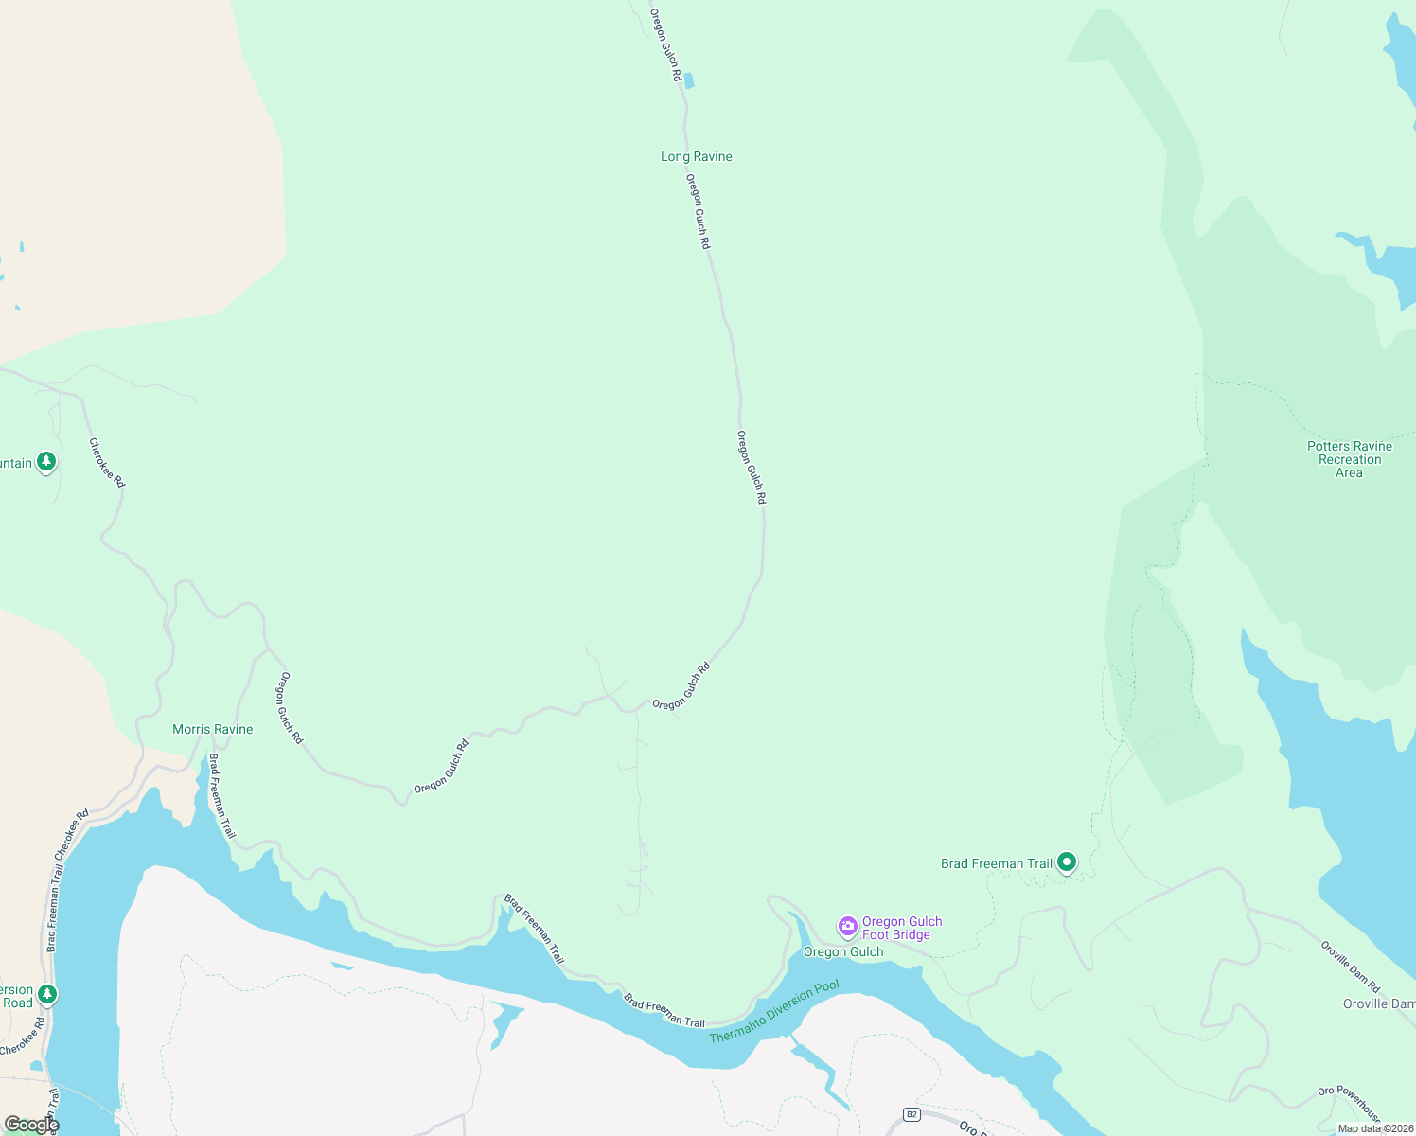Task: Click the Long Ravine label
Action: click(x=696, y=157)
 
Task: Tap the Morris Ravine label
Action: click(x=212, y=730)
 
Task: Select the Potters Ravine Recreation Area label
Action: click(x=1349, y=459)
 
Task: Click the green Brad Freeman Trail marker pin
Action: click(x=1067, y=862)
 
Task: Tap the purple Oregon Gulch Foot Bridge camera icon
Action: click(x=848, y=926)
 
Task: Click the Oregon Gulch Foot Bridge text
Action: click(x=901, y=928)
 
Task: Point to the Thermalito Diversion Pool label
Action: click(x=774, y=1012)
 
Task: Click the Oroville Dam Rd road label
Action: click(x=1351, y=966)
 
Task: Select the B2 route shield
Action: click(x=912, y=1114)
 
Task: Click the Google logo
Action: click(x=31, y=1125)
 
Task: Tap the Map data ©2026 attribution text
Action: click(x=1375, y=1128)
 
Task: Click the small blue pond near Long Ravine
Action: click(x=688, y=81)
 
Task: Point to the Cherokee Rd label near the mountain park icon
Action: click(x=106, y=462)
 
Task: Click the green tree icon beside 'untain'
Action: click(x=46, y=462)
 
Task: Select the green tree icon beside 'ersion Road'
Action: click(x=46, y=995)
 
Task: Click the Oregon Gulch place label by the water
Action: click(x=842, y=952)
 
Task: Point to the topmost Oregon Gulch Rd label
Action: click(x=665, y=45)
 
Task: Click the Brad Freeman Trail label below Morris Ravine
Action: click(x=221, y=795)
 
